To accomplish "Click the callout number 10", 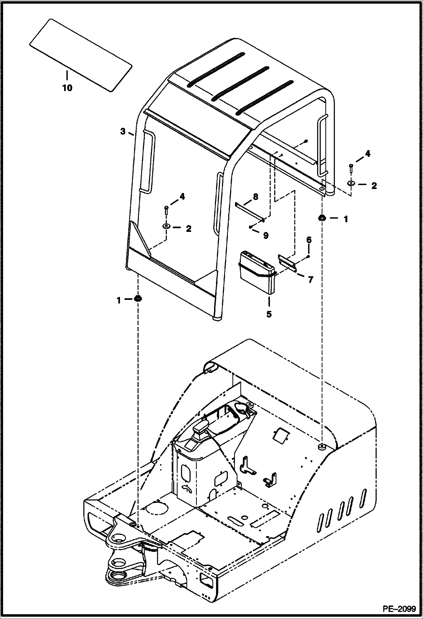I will pos(67,88).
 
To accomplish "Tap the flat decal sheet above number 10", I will pos(80,55).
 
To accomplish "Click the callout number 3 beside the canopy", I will pos(123,131).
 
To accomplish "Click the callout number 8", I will pos(255,197).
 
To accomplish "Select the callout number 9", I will pos(266,235).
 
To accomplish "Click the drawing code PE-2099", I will pos(399,609).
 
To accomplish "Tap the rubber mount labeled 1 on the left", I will pos(138,298).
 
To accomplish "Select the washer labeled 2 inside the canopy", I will pos(166,226).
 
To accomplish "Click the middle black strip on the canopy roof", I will pos(240,84).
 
